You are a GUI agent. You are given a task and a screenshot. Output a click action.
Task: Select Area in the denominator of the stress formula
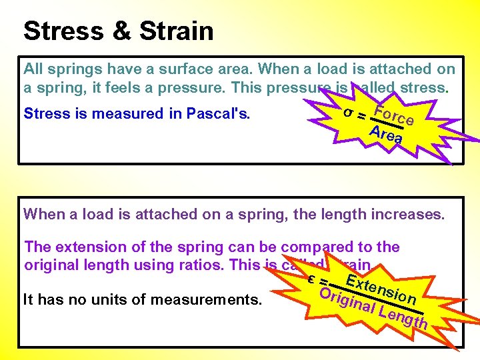[387, 134]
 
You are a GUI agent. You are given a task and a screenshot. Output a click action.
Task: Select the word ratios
[203, 264]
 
